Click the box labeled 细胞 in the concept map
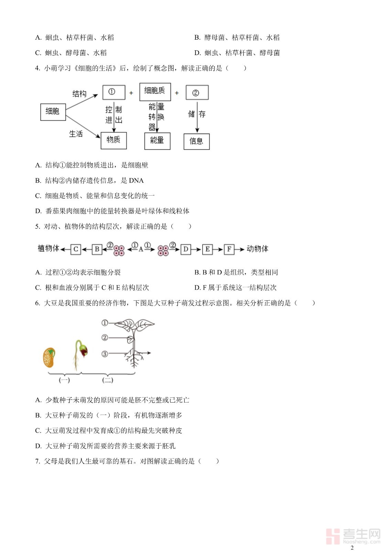point(53,112)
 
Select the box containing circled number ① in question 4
point(114,93)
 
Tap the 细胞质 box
point(155,92)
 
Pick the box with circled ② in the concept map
point(197,93)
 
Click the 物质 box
point(114,141)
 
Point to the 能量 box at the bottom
point(157,141)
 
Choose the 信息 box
point(197,141)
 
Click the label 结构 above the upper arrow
point(79,94)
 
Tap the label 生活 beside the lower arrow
point(76,134)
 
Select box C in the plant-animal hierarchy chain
point(76,249)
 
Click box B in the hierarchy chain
point(97,249)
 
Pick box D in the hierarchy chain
point(186,249)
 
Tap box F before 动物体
point(229,249)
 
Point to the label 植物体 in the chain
point(48,249)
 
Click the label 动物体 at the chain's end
point(257,249)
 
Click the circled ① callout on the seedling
point(105,323)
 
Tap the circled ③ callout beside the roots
point(105,354)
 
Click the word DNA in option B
point(136,180)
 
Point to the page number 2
point(352,548)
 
